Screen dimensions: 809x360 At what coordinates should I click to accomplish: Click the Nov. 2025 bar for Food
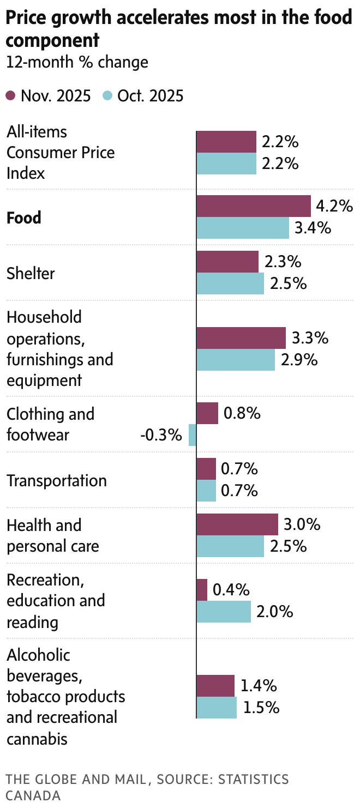(x=253, y=206)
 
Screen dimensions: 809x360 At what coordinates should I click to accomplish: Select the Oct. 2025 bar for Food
(x=242, y=228)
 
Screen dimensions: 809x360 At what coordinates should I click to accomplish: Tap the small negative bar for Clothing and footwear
(x=193, y=435)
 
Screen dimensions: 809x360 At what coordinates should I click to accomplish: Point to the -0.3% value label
(x=160, y=435)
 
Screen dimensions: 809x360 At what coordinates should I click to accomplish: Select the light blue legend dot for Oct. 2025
(x=107, y=96)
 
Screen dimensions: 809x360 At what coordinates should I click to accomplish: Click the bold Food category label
(x=24, y=218)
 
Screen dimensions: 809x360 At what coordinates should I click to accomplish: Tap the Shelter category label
(x=31, y=273)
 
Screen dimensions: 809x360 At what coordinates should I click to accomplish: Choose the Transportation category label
(x=57, y=480)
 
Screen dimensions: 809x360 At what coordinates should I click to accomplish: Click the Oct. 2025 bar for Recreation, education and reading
(x=224, y=612)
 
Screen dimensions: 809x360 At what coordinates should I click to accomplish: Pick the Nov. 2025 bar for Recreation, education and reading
(x=202, y=590)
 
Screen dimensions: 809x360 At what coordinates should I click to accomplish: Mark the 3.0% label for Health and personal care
(x=302, y=524)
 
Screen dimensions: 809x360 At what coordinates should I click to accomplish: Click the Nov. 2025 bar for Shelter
(x=227, y=262)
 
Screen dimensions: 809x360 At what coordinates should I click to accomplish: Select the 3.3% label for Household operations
(x=310, y=338)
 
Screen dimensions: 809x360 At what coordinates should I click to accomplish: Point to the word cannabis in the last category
(x=37, y=739)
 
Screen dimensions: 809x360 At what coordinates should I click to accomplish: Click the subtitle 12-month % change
(x=77, y=62)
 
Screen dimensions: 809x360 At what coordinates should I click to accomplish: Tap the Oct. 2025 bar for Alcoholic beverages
(x=216, y=708)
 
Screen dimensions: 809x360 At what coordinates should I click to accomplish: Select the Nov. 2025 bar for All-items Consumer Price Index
(x=226, y=142)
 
